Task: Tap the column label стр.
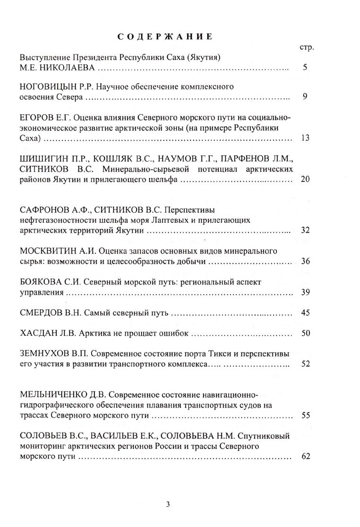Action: click(x=307, y=48)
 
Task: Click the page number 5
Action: click(x=305, y=68)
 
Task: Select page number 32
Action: click(x=305, y=230)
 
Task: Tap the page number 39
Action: click(x=305, y=292)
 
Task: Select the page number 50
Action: click(x=305, y=333)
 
